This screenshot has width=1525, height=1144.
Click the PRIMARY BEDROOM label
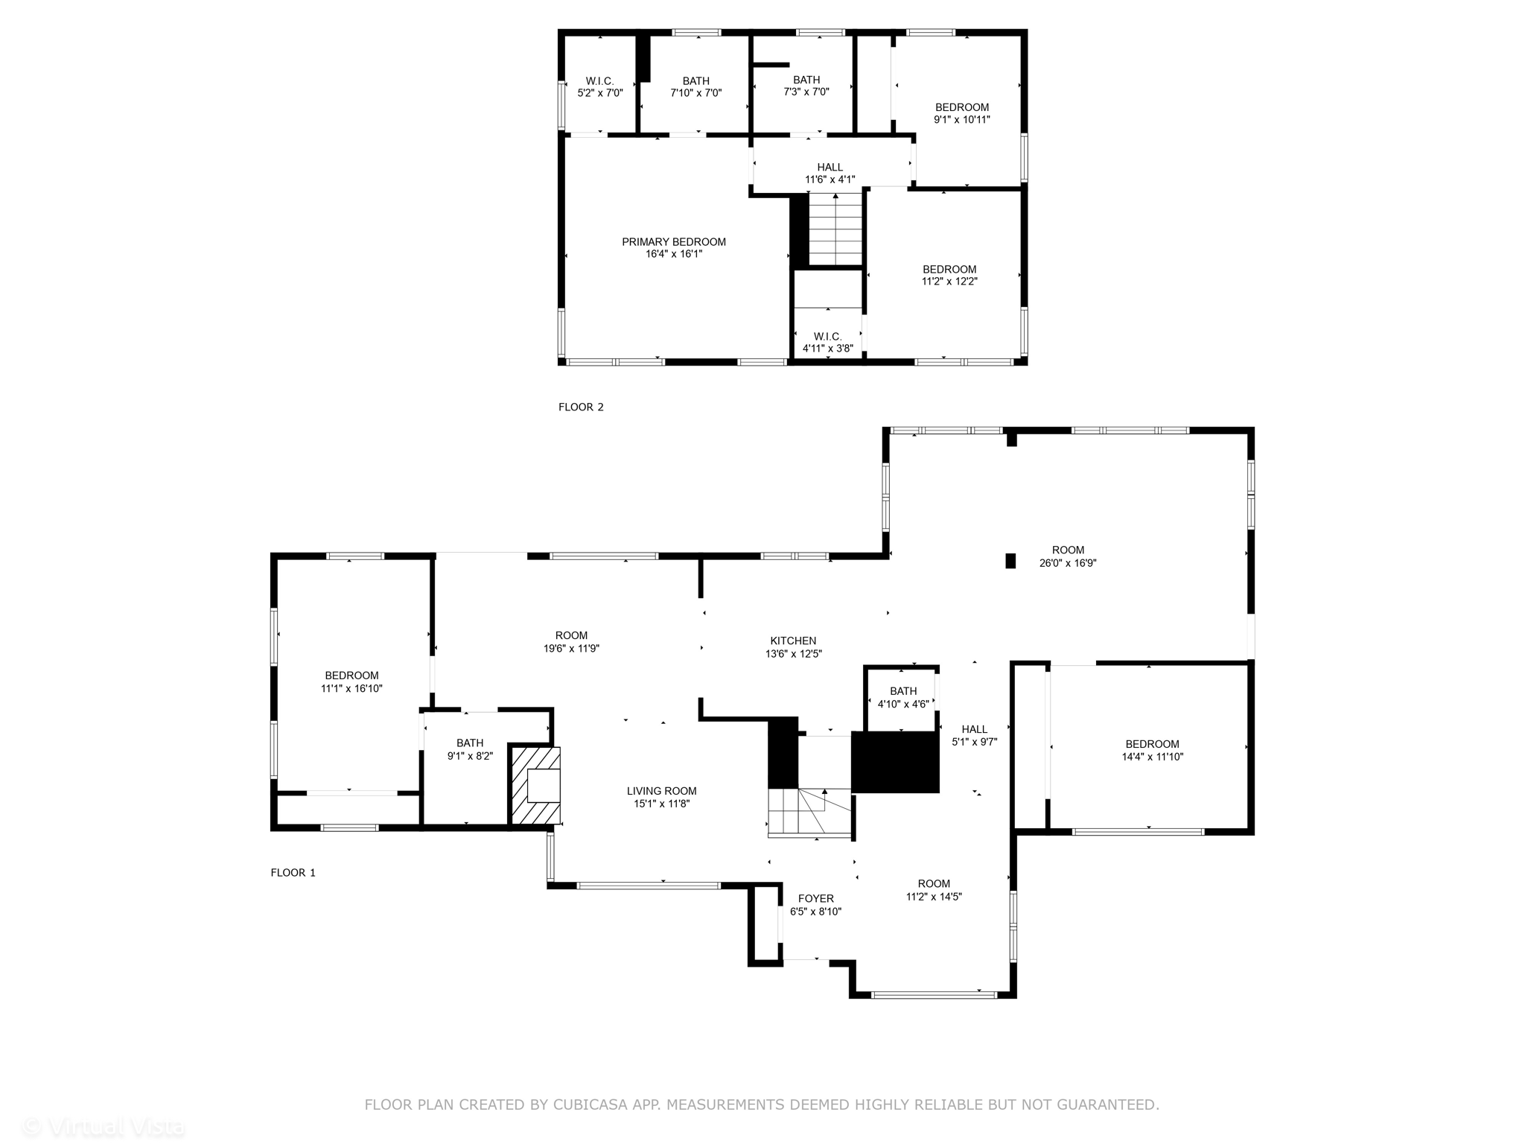point(674,242)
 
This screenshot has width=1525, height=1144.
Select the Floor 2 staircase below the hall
point(835,229)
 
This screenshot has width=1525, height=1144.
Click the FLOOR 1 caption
point(293,873)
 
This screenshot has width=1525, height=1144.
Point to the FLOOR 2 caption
point(581,407)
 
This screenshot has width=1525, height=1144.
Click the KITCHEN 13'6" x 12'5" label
point(793,647)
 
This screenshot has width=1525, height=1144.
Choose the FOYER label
point(816,899)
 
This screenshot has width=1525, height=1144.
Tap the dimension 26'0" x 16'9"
point(1068,564)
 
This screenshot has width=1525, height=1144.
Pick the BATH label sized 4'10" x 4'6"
point(903,691)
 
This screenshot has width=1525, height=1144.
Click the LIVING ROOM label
point(661,792)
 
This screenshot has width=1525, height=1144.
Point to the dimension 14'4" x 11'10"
point(1152,757)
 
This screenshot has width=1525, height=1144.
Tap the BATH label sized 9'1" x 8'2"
point(470,743)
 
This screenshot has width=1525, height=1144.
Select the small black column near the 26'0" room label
point(1010,561)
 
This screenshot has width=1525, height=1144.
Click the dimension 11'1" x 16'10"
point(351,689)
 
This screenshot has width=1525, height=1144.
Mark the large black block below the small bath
point(895,762)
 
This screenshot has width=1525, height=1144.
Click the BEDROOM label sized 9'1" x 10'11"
point(962,107)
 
